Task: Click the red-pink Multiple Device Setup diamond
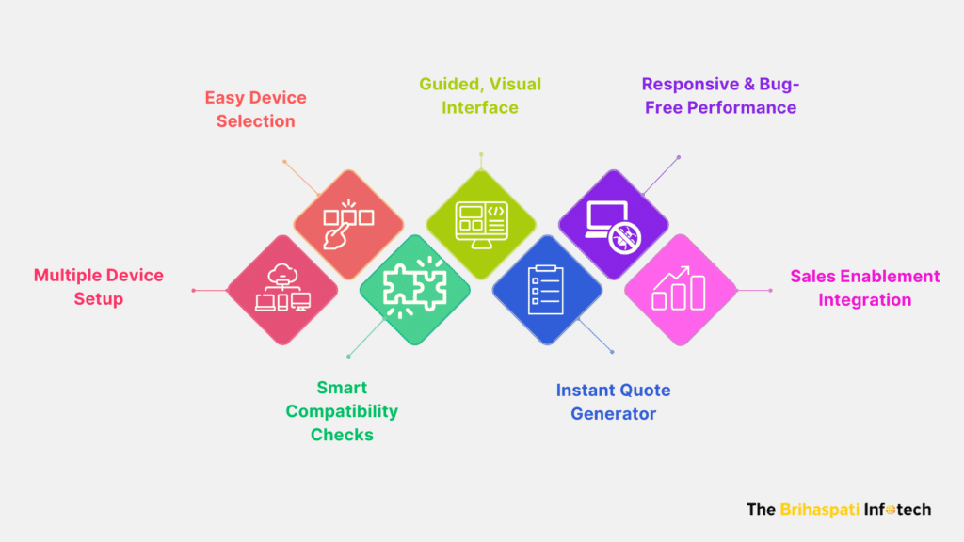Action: (282, 290)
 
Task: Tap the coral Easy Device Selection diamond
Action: (348, 225)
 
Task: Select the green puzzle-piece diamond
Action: (415, 290)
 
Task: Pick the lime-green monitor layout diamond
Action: (481, 225)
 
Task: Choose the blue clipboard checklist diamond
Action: (547, 290)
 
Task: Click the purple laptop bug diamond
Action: (614, 225)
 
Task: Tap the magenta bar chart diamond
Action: (680, 290)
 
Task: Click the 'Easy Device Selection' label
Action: (256, 109)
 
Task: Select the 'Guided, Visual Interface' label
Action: (480, 96)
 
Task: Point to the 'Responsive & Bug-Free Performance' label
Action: (720, 96)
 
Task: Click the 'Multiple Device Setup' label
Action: (98, 287)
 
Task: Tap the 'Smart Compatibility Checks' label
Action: (342, 411)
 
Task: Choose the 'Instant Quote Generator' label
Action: (613, 402)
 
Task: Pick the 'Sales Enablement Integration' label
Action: (865, 288)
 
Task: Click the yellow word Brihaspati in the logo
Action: (820, 509)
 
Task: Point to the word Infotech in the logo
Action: (897, 509)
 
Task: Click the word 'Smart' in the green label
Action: (342, 388)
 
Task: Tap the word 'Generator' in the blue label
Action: (613, 414)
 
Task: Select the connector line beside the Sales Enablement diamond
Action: (754, 290)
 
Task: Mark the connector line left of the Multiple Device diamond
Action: (210, 290)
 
